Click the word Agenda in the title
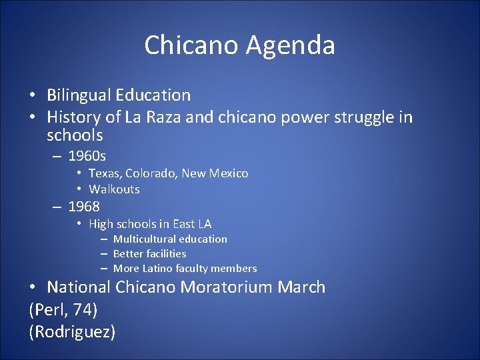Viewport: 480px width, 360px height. pyautogui.click(x=290, y=46)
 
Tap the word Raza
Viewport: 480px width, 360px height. pyautogui.click(x=169, y=118)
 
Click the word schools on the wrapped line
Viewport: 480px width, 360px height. pyautogui.click(x=75, y=135)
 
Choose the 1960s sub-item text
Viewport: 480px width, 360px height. pyautogui.click(x=87, y=157)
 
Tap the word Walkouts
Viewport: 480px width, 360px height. pyautogui.click(x=114, y=189)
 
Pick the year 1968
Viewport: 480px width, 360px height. pyautogui.click(x=84, y=207)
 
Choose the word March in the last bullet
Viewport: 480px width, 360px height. pyautogui.click(x=302, y=287)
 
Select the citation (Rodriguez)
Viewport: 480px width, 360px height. pyautogui.click(x=72, y=331)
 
